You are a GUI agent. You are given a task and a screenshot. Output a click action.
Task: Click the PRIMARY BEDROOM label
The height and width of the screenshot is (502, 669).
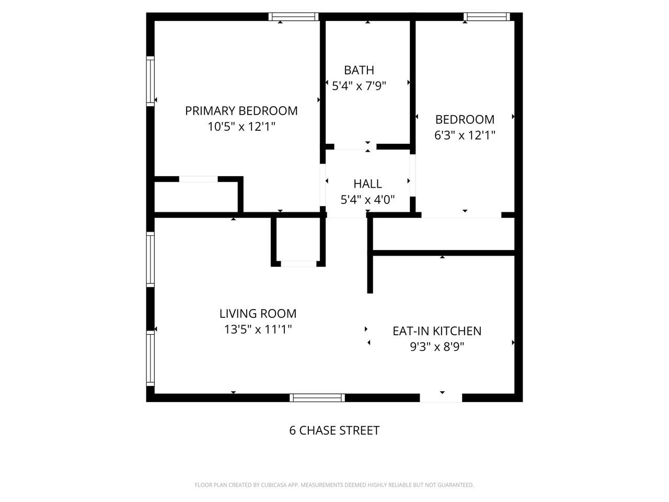pyautogui.click(x=241, y=111)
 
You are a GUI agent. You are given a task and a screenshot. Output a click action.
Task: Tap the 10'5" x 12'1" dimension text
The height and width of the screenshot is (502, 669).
pyautogui.click(x=241, y=127)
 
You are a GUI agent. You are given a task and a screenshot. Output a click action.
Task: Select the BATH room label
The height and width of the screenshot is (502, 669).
pyautogui.click(x=359, y=70)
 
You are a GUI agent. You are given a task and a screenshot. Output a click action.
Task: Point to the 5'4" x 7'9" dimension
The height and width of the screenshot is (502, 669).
pyautogui.click(x=359, y=86)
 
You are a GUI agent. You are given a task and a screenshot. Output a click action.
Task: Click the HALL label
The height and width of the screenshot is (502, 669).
pyautogui.click(x=367, y=184)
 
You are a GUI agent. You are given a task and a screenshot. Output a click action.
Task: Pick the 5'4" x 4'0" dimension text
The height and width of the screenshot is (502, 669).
pyautogui.click(x=367, y=199)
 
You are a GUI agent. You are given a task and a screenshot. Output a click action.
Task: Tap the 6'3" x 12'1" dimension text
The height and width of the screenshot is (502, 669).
pyautogui.click(x=465, y=135)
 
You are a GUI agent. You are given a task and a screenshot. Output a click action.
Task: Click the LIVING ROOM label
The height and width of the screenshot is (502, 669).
pyautogui.click(x=258, y=314)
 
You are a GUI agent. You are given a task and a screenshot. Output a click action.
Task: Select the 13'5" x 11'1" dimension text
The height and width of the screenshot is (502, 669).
pyautogui.click(x=258, y=329)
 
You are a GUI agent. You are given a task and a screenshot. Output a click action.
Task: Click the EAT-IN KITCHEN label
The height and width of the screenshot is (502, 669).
pyautogui.click(x=436, y=331)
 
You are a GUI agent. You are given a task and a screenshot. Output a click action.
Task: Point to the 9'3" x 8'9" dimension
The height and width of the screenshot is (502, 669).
pyautogui.click(x=436, y=346)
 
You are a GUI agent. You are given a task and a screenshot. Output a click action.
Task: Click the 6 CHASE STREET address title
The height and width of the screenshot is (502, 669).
pyautogui.click(x=334, y=430)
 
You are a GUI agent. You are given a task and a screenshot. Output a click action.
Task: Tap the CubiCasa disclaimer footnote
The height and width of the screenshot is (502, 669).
pyautogui.click(x=334, y=485)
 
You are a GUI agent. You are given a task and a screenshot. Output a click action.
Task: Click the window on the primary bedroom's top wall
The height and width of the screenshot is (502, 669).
pyautogui.click(x=293, y=17)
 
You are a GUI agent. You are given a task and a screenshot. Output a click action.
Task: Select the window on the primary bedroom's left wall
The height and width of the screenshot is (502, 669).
pyautogui.click(x=151, y=81)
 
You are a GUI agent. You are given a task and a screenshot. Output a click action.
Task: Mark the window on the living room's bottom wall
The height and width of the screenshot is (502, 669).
pyautogui.click(x=317, y=398)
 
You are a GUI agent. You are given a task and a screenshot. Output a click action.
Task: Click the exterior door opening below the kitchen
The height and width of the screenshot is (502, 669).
pyautogui.click(x=441, y=398)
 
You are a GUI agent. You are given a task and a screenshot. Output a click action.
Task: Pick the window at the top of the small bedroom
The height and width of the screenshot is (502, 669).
pyautogui.click(x=486, y=17)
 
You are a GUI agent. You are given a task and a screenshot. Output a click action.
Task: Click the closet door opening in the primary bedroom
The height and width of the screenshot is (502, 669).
pyautogui.click(x=199, y=179)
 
